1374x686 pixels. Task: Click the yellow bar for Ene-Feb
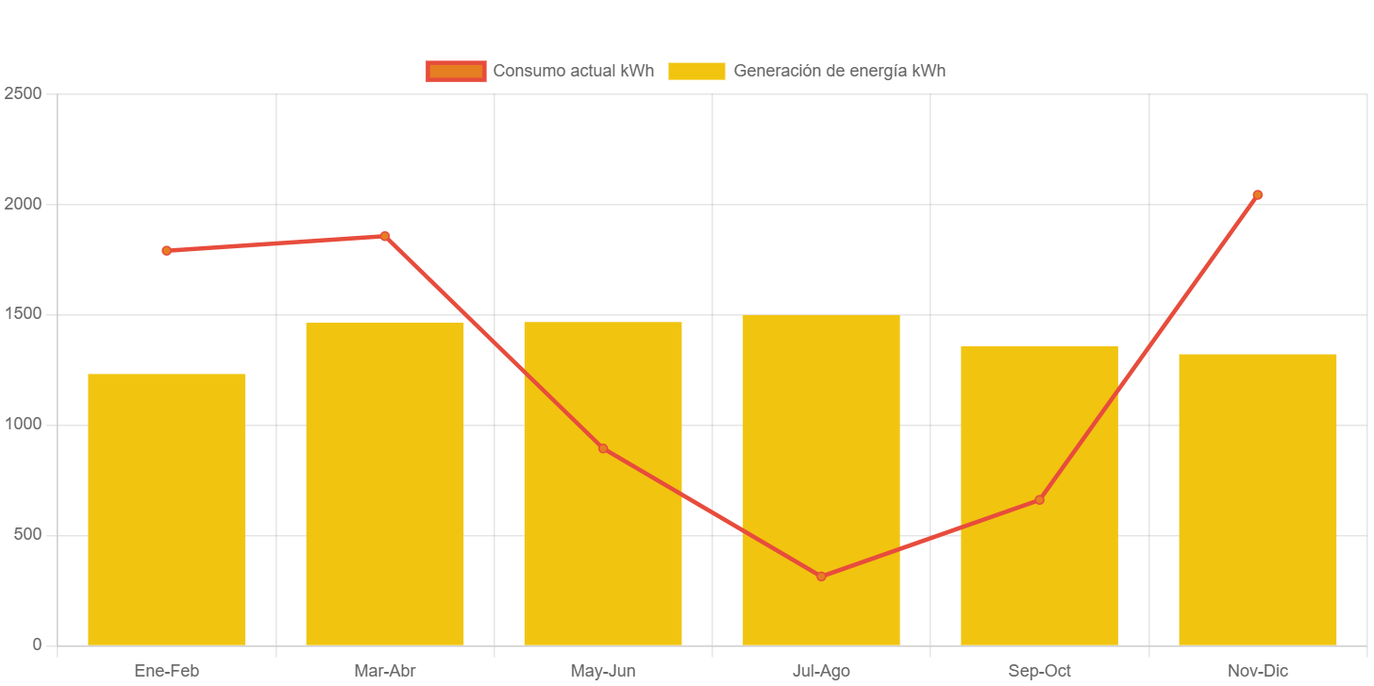[x=166, y=510]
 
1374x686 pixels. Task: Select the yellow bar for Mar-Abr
[x=385, y=483]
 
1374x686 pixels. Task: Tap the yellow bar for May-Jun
[x=603, y=547]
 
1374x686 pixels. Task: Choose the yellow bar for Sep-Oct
[x=1039, y=566]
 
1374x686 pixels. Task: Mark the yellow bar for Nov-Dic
[x=1258, y=500]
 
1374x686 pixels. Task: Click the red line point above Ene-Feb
[x=166, y=251]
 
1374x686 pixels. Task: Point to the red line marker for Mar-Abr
[x=385, y=236]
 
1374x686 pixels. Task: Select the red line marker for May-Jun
[x=603, y=448]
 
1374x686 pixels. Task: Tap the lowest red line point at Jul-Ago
[x=821, y=576]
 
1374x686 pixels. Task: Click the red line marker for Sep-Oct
[x=1039, y=500]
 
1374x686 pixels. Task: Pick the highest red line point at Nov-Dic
[x=1258, y=195]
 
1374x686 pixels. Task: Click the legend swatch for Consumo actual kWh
[x=456, y=71]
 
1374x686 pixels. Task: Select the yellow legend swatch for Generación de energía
[x=696, y=71]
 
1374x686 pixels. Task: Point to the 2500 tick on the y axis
[x=23, y=93]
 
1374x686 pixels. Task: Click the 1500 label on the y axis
[x=23, y=313]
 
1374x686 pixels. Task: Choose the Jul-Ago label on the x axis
[x=821, y=671]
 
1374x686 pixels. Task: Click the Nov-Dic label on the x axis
[x=1258, y=671]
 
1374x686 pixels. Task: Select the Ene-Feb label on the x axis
[x=166, y=671]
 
